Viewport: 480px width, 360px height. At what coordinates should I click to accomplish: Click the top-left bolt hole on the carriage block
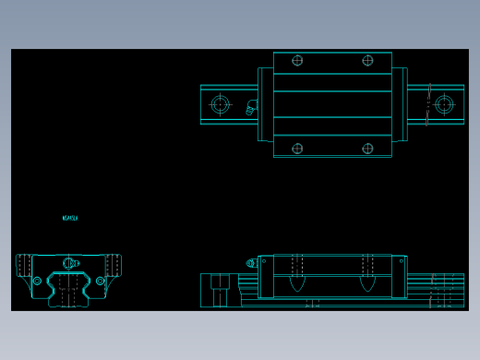click(x=297, y=61)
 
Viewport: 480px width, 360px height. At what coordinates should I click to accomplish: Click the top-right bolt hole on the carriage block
click(x=367, y=61)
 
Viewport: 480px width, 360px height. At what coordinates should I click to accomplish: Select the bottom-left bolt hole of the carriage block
click(x=297, y=148)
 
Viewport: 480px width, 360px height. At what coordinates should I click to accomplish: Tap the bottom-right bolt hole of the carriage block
click(x=367, y=148)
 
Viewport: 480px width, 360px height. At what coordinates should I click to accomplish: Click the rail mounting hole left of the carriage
click(x=220, y=104)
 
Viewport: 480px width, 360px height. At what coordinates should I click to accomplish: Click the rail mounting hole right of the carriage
click(x=444, y=104)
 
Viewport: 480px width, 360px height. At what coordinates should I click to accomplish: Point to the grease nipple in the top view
click(x=252, y=106)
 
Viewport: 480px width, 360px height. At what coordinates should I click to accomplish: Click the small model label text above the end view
click(x=70, y=219)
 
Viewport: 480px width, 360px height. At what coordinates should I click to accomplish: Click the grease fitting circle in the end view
click(x=70, y=263)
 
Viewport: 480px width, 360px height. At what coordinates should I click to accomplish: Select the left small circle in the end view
click(x=37, y=281)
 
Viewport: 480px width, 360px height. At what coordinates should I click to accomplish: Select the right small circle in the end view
click(x=101, y=281)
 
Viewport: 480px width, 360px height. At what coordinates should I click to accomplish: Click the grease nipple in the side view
click(x=251, y=263)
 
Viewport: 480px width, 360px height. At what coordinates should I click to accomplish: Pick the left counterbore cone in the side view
click(x=296, y=282)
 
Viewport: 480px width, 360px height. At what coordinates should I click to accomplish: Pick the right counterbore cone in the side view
click(x=367, y=282)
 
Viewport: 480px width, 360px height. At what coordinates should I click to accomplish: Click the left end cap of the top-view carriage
click(x=265, y=104)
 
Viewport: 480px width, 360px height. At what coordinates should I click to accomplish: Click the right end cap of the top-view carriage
click(x=400, y=104)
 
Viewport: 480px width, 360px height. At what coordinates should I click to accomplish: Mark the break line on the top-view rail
click(x=428, y=104)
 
